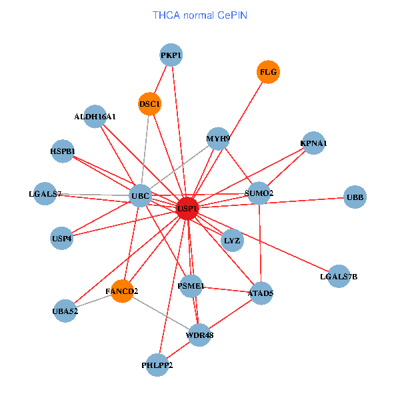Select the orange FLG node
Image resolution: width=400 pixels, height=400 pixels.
point(268,72)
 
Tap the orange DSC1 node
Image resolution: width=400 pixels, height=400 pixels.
point(149,103)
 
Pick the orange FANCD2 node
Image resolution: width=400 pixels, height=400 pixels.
point(122,291)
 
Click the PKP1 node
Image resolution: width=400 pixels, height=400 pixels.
point(171,55)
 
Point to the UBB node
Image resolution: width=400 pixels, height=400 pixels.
point(355,197)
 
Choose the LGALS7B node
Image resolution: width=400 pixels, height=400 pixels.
point(339,276)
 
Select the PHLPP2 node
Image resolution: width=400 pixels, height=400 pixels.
point(157,365)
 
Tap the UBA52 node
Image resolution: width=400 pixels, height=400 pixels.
point(65,311)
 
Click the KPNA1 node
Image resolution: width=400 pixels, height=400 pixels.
point(313,143)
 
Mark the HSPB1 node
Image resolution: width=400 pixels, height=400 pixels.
point(63,151)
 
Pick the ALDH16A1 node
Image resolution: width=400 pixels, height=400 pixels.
point(95,117)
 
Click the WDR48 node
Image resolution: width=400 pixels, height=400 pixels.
point(199,335)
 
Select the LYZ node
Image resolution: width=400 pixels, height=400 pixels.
point(232,239)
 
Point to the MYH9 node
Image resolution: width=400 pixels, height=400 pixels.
point(218,139)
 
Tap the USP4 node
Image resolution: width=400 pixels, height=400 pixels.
point(61,237)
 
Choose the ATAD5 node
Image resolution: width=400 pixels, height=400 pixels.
point(260,293)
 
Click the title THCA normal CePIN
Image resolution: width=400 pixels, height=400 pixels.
point(200,15)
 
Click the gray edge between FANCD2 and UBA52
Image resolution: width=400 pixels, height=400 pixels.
point(93,301)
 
